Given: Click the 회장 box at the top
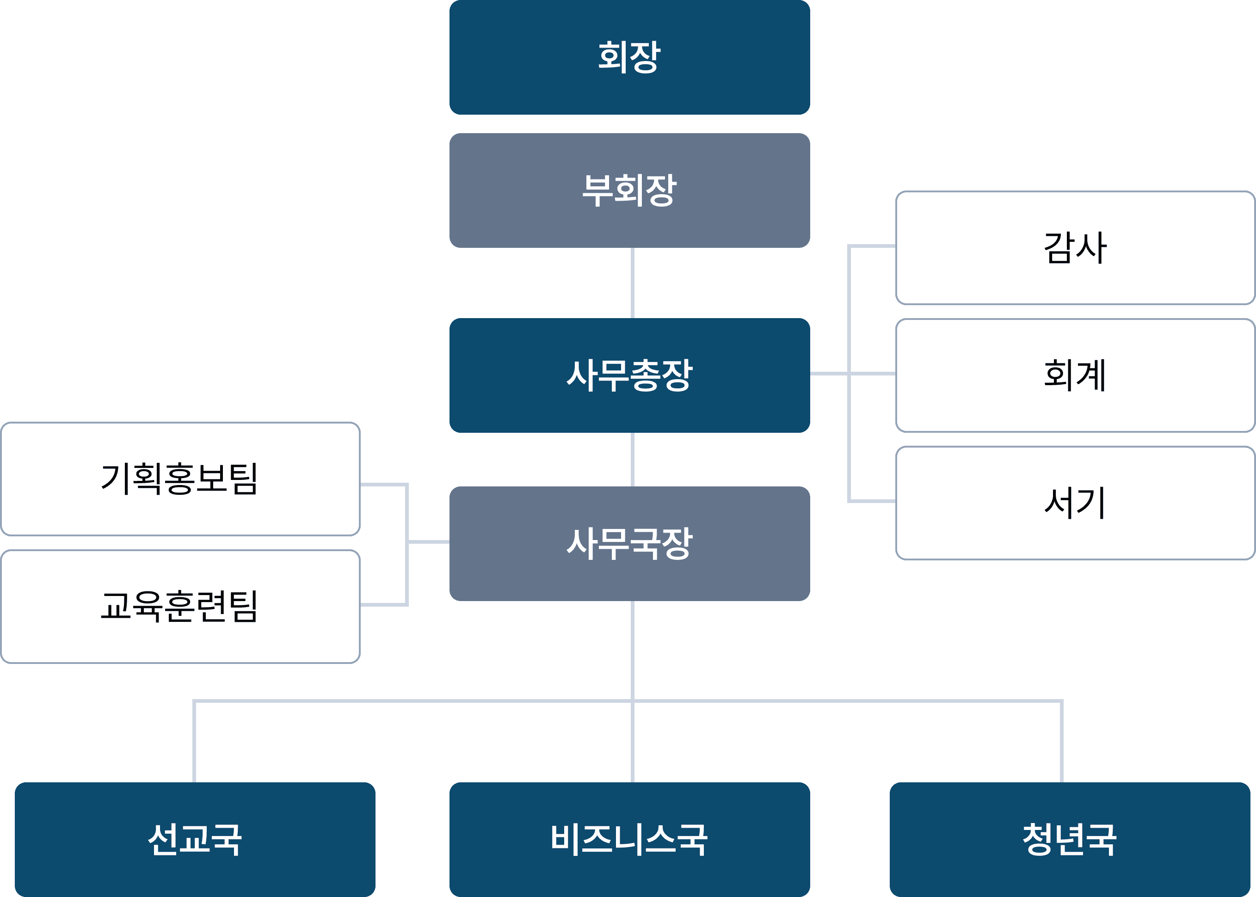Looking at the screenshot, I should (630, 57).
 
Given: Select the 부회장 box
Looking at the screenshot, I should (630, 190).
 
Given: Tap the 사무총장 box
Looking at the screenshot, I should (630, 375).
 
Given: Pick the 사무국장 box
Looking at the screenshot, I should (630, 543).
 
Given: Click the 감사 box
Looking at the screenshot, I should (1075, 248).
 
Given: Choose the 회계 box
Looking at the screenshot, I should (1075, 375).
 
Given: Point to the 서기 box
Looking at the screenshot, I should (1075, 503).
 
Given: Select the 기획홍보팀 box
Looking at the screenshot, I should (180, 479).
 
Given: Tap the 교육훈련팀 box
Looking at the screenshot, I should (180, 607).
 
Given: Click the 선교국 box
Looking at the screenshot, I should (194, 839).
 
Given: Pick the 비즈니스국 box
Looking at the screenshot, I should (630, 839).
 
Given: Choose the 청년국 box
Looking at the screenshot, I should (1069, 839).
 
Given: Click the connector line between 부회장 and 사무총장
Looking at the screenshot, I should (633, 283).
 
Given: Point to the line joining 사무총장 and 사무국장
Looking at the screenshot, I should (633, 459).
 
